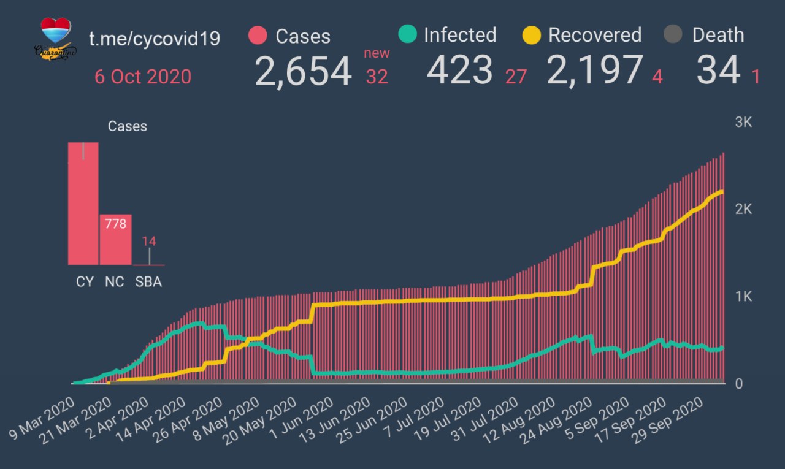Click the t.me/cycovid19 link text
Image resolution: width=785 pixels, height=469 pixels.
[155, 38]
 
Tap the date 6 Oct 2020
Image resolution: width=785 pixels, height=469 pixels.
[143, 77]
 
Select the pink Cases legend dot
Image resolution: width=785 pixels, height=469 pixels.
[258, 36]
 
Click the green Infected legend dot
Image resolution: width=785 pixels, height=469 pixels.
[407, 34]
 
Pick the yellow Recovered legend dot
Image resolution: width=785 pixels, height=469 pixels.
[531, 34]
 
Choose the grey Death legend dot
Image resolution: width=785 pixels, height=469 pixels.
[673, 34]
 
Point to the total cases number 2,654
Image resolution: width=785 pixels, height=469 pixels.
[304, 71]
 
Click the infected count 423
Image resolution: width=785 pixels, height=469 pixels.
[460, 69]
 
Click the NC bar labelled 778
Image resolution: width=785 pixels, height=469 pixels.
[115, 240]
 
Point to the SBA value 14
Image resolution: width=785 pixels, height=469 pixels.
[149, 241]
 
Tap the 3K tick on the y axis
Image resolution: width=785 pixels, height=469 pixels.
[743, 122]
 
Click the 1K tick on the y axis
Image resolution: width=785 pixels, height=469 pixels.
[743, 297]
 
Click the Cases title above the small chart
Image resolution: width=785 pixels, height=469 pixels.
[128, 126]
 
